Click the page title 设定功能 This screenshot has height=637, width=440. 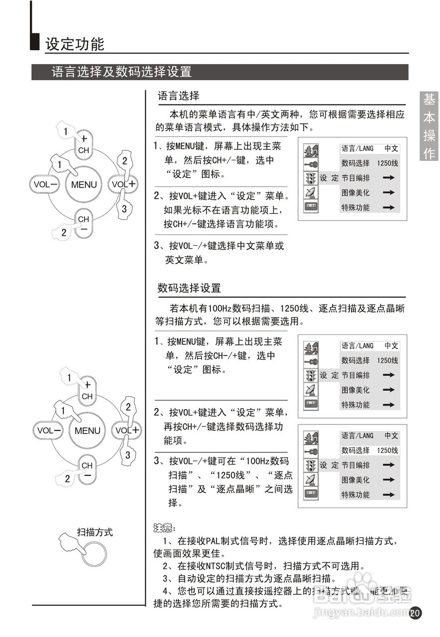point(75,44)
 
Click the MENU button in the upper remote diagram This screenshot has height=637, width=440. point(84,185)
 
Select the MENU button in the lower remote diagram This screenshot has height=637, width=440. point(87,431)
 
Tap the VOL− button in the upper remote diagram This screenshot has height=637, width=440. point(45,184)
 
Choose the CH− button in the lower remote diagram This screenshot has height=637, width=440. point(87,470)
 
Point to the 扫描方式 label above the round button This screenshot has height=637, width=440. point(95,532)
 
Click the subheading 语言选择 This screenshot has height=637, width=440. point(178,96)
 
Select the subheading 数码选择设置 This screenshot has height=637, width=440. point(189,288)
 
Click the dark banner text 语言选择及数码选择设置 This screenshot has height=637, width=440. point(121,72)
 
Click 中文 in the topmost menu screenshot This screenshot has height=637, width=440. point(391,149)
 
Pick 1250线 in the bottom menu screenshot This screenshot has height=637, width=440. point(387,450)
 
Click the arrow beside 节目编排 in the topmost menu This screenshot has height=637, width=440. point(389,178)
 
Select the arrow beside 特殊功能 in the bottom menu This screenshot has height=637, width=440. point(389,495)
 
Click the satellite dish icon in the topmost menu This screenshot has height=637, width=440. point(311,193)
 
